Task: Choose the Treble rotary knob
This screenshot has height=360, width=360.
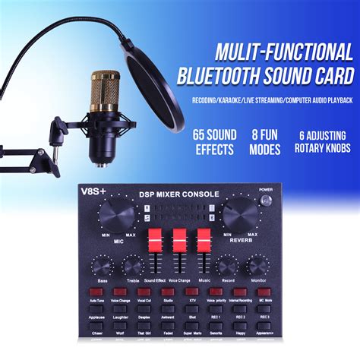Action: pyautogui.click(x=133, y=267)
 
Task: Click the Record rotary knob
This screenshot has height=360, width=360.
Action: pyautogui.click(x=226, y=267)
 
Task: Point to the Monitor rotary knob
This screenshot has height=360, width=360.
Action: pyautogui.click(x=257, y=267)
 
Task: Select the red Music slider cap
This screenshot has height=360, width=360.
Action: pyautogui.click(x=204, y=237)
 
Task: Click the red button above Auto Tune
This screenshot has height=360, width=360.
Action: pyautogui.click(x=96, y=292)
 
